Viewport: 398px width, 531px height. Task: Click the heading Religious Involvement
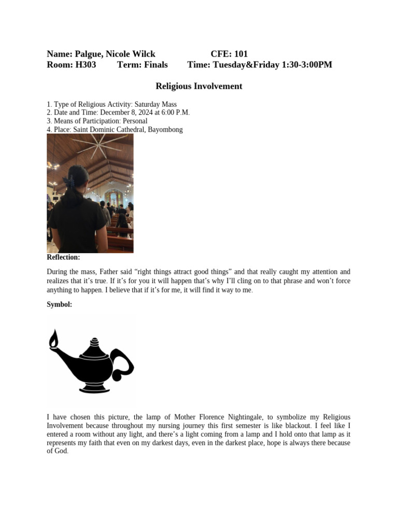(199, 86)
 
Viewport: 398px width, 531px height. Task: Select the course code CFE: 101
(229, 54)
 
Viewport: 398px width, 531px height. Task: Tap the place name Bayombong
(165, 130)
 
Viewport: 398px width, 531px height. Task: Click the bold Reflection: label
(63, 257)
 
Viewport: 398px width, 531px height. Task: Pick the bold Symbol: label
(60, 305)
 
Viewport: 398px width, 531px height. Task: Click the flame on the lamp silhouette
(53, 340)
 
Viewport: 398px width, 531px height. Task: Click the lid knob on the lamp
(94, 341)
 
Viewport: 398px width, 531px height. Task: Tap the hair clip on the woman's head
(68, 181)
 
